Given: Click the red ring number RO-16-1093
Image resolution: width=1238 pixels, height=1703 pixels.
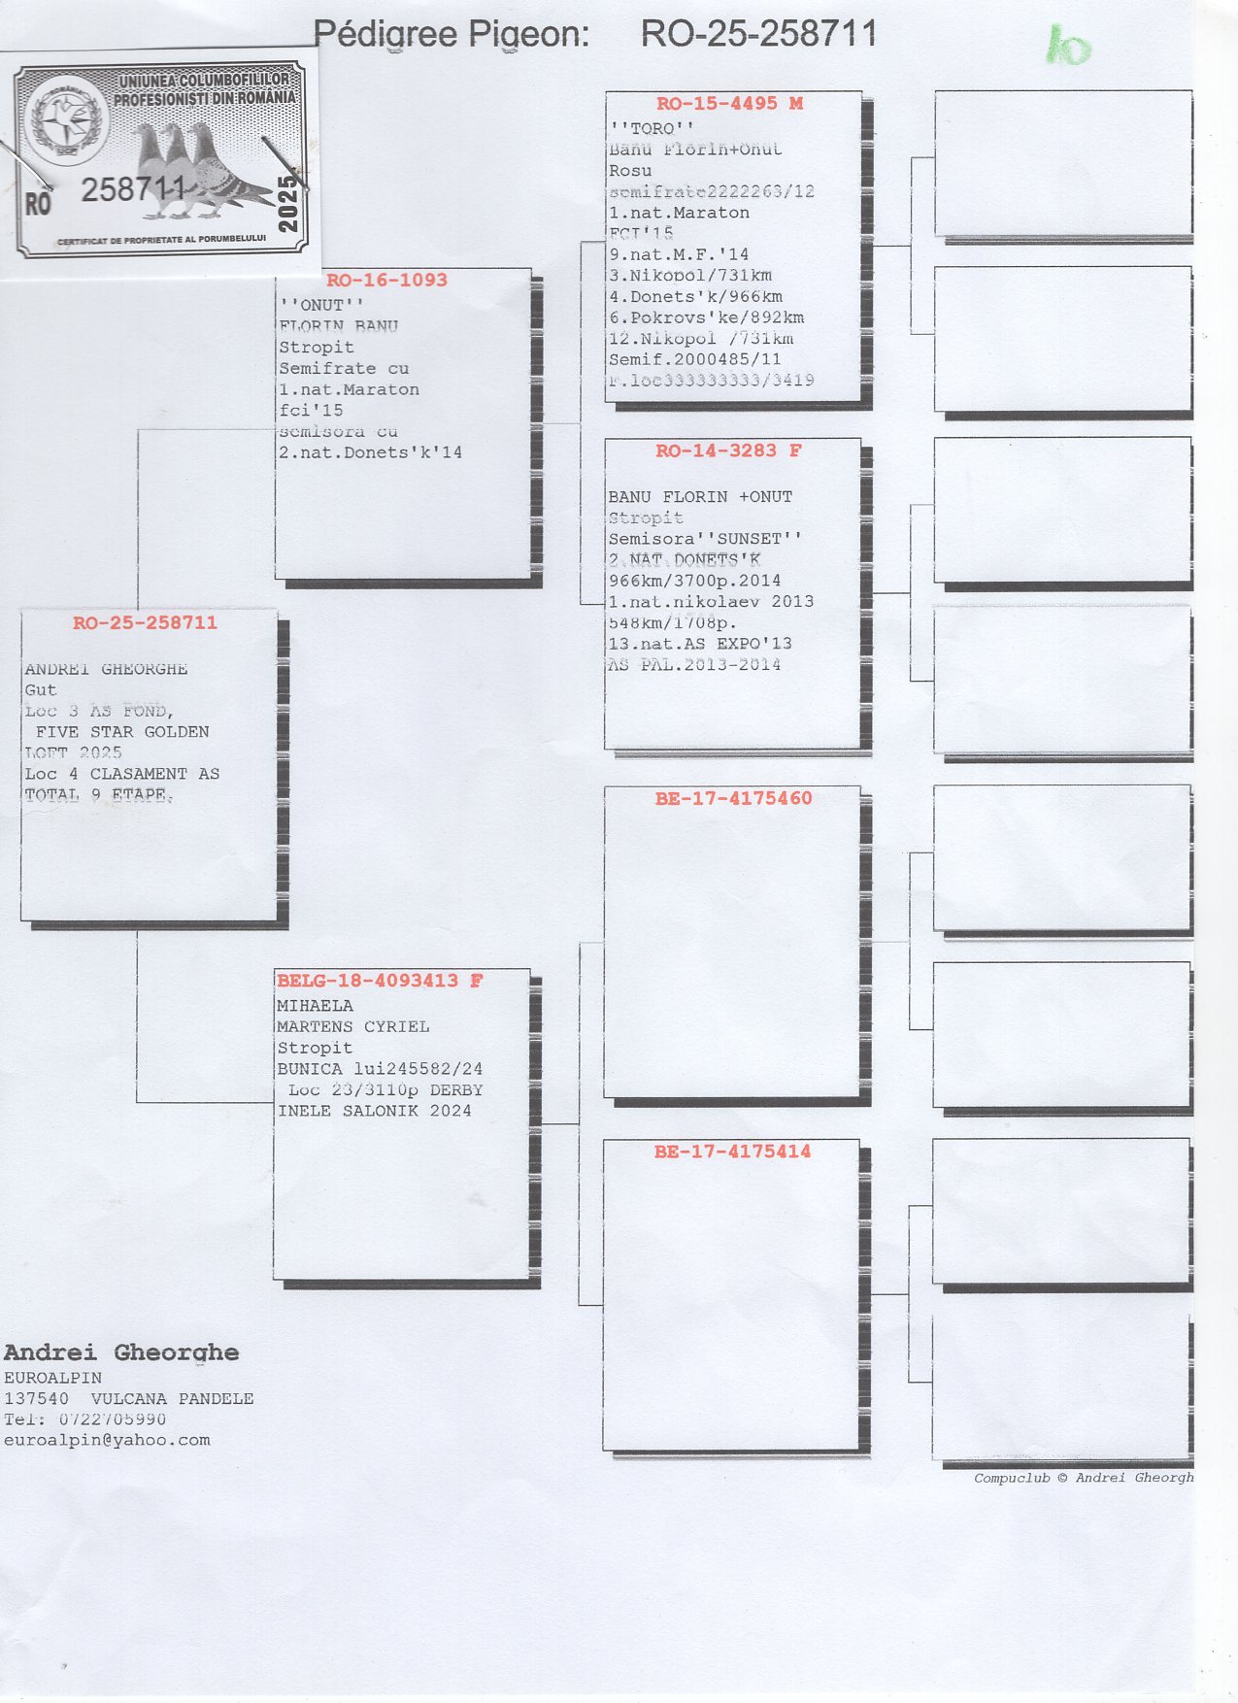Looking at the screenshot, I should pyautogui.click(x=386, y=281).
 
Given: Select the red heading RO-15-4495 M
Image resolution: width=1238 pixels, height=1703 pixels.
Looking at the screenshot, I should pyautogui.click(x=729, y=104).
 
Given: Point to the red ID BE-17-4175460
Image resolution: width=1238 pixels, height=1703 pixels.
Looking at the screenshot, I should pyautogui.click(x=733, y=798).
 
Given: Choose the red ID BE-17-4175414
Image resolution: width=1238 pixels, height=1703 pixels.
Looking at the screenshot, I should pyautogui.click(x=732, y=1152).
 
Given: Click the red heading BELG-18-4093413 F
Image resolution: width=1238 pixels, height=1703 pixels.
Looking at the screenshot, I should pyautogui.click(x=380, y=981).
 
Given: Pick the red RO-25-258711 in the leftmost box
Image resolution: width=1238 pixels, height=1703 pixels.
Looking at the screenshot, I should pyautogui.click(x=145, y=623).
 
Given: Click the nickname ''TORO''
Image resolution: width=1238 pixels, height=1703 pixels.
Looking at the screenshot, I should pyautogui.click(x=652, y=128).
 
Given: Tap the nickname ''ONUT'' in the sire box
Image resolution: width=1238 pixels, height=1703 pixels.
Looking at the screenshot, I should pyautogui.click(x=321, y=305).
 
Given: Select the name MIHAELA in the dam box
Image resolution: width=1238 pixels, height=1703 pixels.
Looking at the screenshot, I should pyautogui.click(x=315, y=1006).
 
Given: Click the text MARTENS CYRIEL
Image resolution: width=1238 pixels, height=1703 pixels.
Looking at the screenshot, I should pyautogui.click(x=352, y=1026).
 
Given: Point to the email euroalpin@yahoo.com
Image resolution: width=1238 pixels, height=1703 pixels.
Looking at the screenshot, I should pyautogui.click(x=107, y=1440).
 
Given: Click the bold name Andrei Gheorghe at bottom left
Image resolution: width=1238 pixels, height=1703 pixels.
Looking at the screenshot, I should pyautogui.click(x=121, y=1352).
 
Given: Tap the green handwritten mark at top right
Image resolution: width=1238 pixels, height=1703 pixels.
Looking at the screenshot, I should pyautogui.click(x=1069, y=46).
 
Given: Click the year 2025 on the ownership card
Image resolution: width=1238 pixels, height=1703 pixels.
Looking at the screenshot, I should pyautogui.click(x=288, y=203).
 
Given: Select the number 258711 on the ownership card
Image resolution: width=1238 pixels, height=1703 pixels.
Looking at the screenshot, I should pyautogui.click(x=133, y=189).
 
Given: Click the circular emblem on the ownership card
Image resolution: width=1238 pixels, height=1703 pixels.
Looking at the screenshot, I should pyautogui.click(x=66, y=120).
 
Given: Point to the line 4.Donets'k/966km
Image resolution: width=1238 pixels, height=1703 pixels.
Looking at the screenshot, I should pyautogui.click(x=695, y=296).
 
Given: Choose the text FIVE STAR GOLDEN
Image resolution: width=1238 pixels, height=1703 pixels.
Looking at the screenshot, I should pyautogui.click(x=122, y=732).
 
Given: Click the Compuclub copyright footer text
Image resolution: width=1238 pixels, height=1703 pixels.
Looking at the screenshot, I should pyautogui.click(x=1084, y=1478).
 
